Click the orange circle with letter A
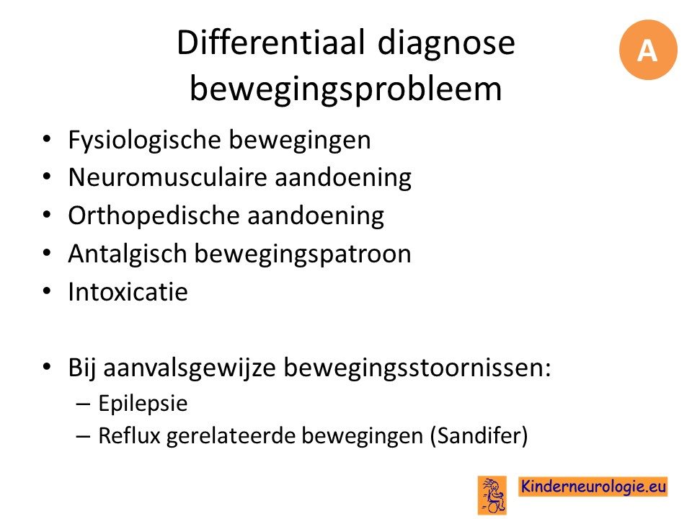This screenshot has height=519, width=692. [x=648, y=50]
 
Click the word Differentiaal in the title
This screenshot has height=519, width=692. [x=271, y=43]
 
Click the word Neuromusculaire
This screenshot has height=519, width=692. [x=168, y=177]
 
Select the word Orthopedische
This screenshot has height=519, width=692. [x=154, y=216]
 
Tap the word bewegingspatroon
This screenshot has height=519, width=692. [x=303, y=254]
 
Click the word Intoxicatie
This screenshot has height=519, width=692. [x=128, y=292]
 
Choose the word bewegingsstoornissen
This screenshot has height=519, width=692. [x=417, y=368]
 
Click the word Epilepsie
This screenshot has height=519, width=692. [x=143, y=404]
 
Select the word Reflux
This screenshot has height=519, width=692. [x=129, y=435]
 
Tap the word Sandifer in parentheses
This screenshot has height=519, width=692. [x=479, y=436]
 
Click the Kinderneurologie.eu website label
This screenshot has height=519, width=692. [x=593, y=487]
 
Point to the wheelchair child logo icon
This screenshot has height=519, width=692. [x=492, y=495]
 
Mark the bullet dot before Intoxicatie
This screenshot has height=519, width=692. [x=47, y=292]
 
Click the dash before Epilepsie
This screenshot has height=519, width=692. [x=83, y=404]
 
